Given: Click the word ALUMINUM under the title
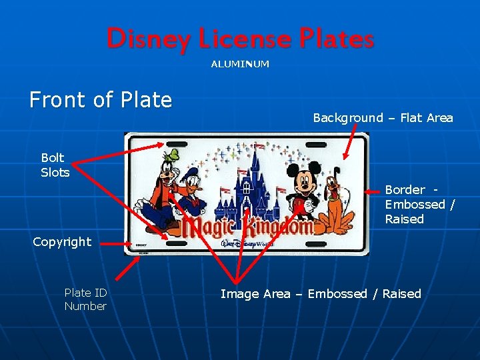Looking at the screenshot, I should point(240,64).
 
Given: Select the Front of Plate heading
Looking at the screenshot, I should point(101,100).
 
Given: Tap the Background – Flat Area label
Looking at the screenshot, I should point(383,118).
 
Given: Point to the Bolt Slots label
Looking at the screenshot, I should point(55,165).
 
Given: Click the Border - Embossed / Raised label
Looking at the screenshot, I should point(419,204).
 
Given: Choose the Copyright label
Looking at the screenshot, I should point(62,242).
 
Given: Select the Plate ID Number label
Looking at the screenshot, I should point(85,299).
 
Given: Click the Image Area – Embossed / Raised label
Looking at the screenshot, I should point(321,294).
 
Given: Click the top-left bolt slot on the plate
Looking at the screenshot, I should point(177,143).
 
